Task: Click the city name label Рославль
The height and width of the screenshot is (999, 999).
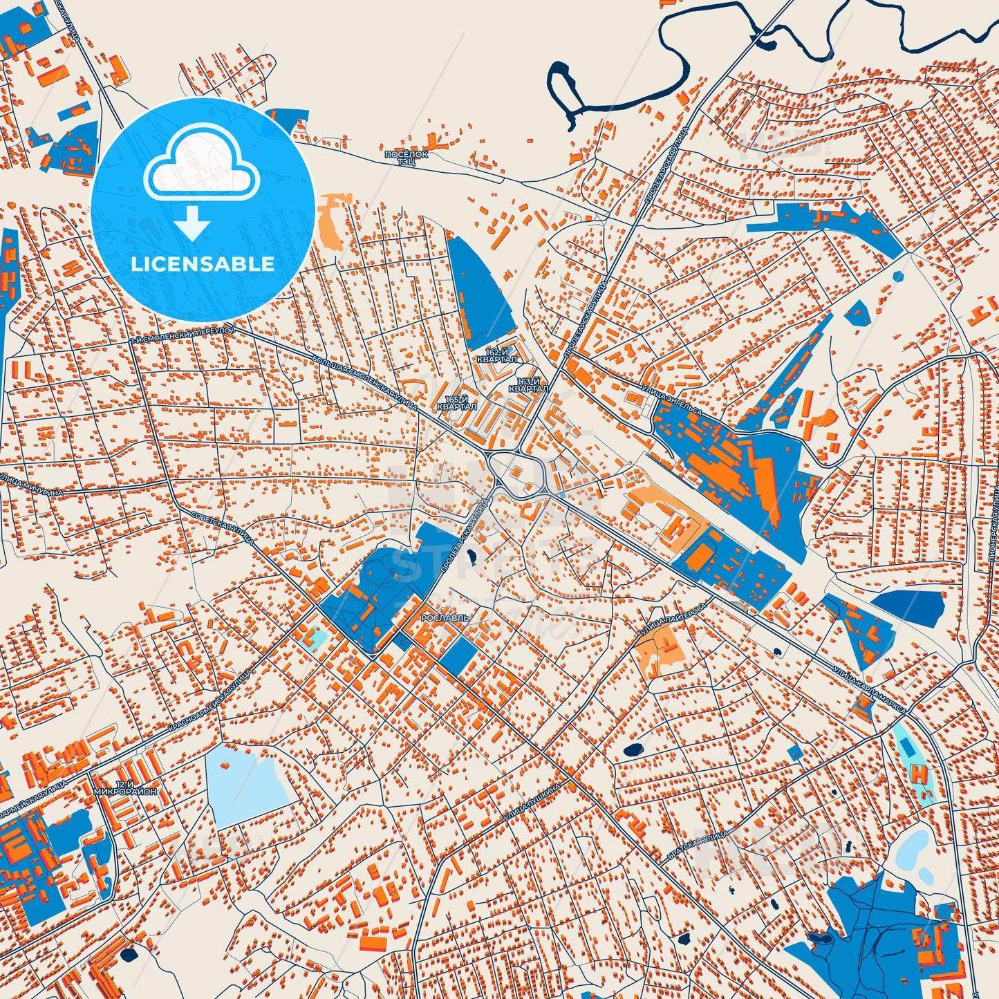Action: pos(445,617)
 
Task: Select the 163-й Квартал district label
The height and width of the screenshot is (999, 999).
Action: pos(528,385)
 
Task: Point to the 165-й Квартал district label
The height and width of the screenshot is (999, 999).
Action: pos(457,403)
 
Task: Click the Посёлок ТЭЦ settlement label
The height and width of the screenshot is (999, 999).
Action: pos(407,158)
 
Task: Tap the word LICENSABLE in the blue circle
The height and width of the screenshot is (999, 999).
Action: pos(203,263)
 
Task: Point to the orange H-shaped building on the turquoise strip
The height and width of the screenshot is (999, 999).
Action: pos(919,772)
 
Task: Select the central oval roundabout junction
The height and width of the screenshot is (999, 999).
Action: pos(518,476)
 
